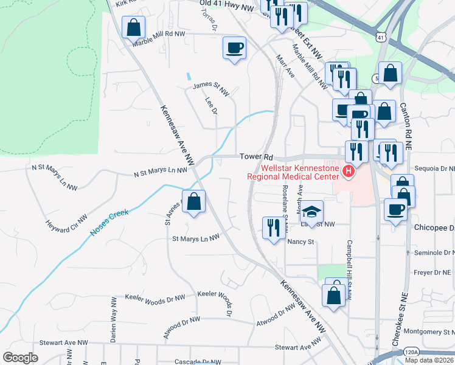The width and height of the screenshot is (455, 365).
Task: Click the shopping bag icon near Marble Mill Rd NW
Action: click(x=133, y=27)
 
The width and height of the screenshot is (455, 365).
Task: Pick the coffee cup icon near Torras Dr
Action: click(x=234, y=48)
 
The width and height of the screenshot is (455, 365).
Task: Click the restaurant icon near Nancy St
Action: click(x=271, y=228)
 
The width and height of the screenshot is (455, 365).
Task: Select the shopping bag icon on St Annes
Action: click(x=193, y=203)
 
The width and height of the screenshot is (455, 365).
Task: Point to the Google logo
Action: click(x=20, y=358)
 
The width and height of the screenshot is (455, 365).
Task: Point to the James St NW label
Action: click(x=211, y=89)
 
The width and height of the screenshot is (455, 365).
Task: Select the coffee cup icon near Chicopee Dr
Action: click(x=395, y=210)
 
